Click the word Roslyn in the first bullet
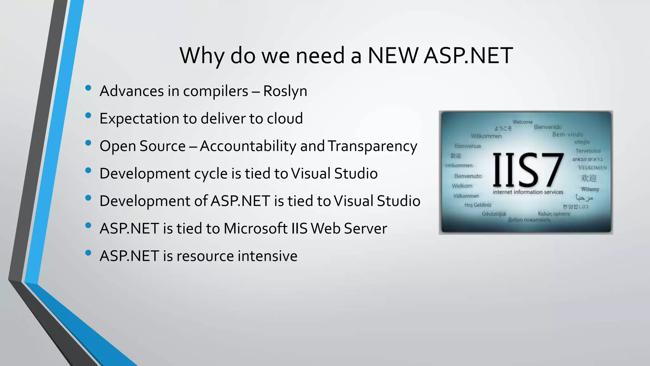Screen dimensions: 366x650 click(285, 91)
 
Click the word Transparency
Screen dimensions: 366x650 click(372, 146)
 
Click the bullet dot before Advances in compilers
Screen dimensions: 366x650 click(88, 88)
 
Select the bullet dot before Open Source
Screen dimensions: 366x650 click(88, 143)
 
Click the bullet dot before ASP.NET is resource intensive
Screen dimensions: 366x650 click(88, 253)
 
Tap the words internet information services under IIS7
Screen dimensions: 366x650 click(528, 192)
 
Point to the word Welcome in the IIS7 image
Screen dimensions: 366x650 click(522, 122)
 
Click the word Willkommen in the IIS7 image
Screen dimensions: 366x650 click(486, 136)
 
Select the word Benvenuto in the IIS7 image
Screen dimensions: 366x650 click(468, 176)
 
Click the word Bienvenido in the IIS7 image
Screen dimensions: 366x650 click(547, 127)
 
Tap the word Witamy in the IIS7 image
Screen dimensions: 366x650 click(590, 189)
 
